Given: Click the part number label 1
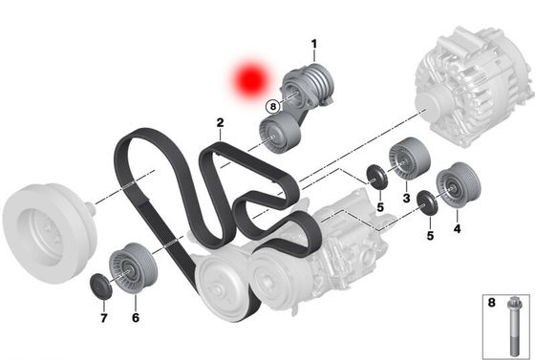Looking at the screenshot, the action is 314,44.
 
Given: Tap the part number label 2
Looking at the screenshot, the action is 220,123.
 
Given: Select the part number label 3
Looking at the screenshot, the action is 406,198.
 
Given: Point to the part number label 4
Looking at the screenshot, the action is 458,228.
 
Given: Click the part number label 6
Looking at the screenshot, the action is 136,318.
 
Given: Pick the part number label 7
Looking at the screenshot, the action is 104,318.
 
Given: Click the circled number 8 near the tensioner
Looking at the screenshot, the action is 273,107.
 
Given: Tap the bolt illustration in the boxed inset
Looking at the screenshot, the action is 514,327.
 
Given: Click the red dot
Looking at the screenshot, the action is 250,81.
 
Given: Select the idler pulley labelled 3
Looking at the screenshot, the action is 409,158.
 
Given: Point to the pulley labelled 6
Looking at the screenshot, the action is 133,267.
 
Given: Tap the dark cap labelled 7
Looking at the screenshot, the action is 100,286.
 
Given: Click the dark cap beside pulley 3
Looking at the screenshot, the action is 376,177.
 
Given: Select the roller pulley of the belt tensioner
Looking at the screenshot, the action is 280,134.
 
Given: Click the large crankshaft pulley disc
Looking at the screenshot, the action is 50,233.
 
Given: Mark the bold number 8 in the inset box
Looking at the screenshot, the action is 491,303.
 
